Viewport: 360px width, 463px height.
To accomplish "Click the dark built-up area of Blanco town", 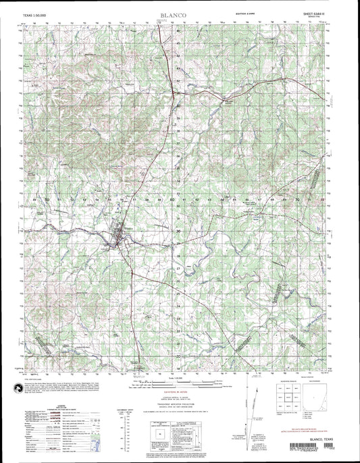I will pyautogui.click(x=122, y=236).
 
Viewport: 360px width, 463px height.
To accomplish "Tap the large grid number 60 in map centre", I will pyautogui.click(x=173, y=200).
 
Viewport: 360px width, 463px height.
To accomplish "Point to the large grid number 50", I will pyautogui.click(x=47, y=200).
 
